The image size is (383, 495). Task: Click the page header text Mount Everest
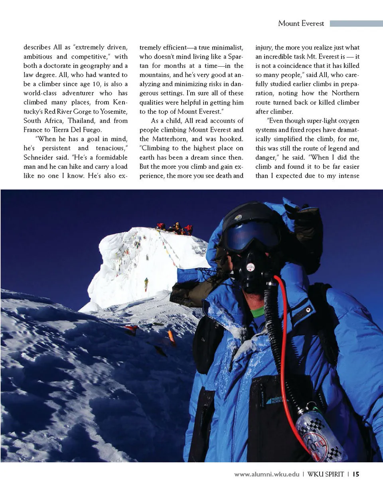(x=301, y=24)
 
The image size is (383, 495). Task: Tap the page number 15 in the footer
(x=356, y=474)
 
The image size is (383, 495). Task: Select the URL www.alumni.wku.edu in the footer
(x=267, y=474)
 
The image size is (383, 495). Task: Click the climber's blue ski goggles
(x=251, y=236)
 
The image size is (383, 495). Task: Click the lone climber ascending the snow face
(x=146, y=284)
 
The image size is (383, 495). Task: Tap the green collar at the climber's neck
(x=258, y=311)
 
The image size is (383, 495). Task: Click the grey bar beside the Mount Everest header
(x=356, y=24)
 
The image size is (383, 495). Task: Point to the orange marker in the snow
(x=172, y=337)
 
